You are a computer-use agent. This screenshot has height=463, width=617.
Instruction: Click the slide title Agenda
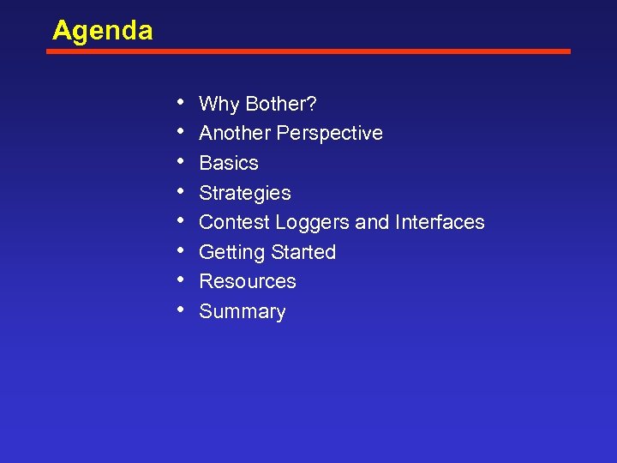point(102,31)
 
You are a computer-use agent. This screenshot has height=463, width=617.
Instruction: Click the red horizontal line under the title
point(308,51)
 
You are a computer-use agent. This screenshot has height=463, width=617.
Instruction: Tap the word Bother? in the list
point(281,105)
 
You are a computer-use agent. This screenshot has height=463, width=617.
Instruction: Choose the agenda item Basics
point(229,163)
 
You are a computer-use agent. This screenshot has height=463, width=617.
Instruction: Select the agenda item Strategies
point(244,193)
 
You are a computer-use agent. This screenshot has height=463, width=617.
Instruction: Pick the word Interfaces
point(440,222)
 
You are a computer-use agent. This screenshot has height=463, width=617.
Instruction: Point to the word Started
point(303,252)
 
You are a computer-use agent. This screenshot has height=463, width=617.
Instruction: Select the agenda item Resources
point(247,281)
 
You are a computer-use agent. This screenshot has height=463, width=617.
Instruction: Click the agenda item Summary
point(242,311)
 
